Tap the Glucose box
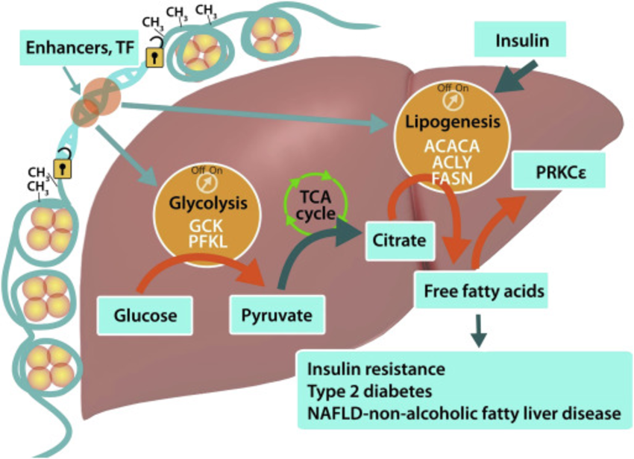(x=146, y=314)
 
